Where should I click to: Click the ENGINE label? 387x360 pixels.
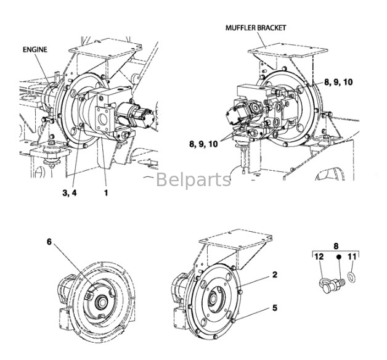pyautogui.click(x=35, y=49)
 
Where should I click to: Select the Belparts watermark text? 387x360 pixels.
pyautogui.click(x=193, y=180)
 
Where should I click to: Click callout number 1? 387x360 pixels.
pyautogui.click(x=105, y=192)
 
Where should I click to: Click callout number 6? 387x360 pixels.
pyautogui.click(x=49, y=242)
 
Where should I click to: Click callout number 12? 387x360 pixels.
pyautogui.click(x=319, y=256)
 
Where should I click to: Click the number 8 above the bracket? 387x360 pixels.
pyautogui.click(x=336, y=245)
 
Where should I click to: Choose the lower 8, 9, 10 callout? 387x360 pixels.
pyautogui.click(x=204, y=144)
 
